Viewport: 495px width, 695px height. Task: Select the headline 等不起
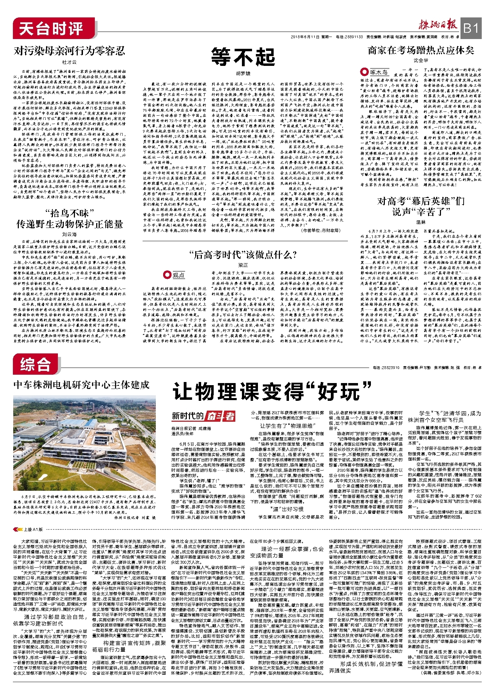coord(243,57)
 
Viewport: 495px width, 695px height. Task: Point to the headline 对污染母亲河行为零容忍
coord(69,51)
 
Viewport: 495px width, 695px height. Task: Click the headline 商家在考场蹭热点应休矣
coord(421,51)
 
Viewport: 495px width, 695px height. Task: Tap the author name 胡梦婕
coord(243,74)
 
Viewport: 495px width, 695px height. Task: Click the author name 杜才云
coord(69,62)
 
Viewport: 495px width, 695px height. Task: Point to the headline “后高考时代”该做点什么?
coord(243,255)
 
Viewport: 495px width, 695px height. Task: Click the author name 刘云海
coord(69,235)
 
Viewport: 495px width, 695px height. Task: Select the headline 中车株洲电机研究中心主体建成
coord(82,384)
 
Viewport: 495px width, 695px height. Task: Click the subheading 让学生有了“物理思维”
coord(287,426)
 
